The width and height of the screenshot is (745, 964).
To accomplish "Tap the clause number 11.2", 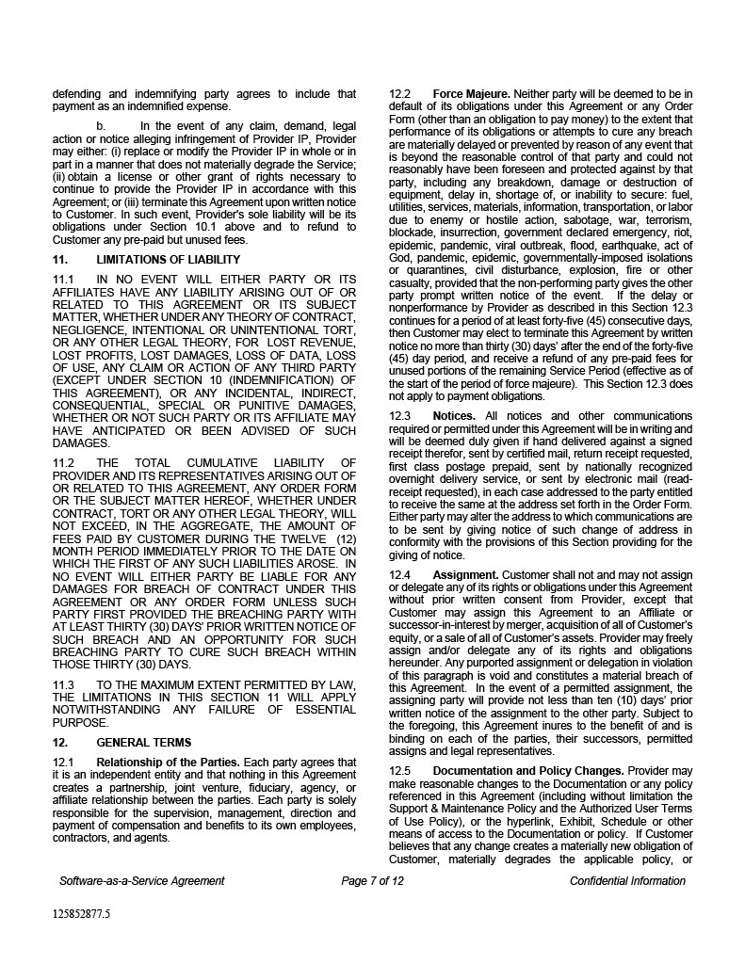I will tap(63, 462).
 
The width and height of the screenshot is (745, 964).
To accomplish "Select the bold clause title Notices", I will tap(454, 416).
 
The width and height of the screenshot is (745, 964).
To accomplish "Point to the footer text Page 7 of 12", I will tap(372, 881).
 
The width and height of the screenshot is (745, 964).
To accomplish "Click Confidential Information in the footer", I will tap(627, 881).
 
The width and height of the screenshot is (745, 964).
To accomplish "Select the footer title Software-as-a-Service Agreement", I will tap(141, 881).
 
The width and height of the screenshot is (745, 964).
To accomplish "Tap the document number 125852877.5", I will tap(81, 913).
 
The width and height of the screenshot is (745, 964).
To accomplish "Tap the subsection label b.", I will tap(101, 126).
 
